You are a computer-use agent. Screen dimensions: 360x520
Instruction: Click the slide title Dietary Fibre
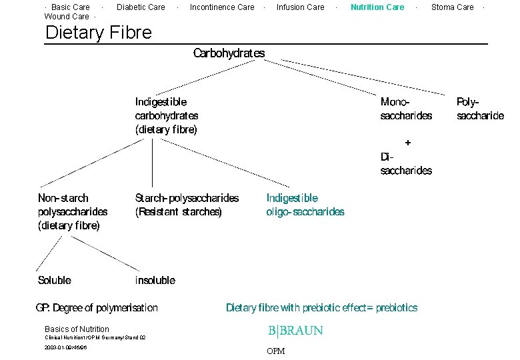98,32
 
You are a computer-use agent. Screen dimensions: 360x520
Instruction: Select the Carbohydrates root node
229,53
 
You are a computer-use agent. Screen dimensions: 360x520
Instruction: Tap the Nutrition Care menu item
377,7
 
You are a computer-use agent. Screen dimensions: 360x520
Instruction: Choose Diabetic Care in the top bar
141,7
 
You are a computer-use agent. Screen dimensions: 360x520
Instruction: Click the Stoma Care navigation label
452,7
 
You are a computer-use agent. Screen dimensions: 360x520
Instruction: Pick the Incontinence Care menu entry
222,7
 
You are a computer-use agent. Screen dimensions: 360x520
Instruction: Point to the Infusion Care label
300,7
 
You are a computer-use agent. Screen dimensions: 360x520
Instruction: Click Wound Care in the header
67,17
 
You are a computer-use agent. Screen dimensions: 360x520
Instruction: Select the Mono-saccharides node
406,109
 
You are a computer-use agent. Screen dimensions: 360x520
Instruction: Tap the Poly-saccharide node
480,109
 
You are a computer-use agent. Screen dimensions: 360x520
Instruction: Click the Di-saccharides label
406,164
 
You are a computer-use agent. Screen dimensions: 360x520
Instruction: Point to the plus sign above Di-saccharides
408,142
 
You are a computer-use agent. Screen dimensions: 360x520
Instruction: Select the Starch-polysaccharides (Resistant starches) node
187,205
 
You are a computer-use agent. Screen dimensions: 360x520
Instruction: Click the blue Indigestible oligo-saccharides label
305,205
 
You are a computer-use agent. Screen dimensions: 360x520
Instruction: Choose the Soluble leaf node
55,280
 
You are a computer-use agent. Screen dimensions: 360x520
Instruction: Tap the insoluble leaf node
155,280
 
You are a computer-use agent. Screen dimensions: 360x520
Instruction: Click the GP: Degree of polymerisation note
97,307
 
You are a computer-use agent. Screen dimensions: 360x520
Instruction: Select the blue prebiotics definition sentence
322,307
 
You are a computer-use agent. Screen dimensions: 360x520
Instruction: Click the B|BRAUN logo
295,331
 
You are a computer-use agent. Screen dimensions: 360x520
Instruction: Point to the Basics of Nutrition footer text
77,329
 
